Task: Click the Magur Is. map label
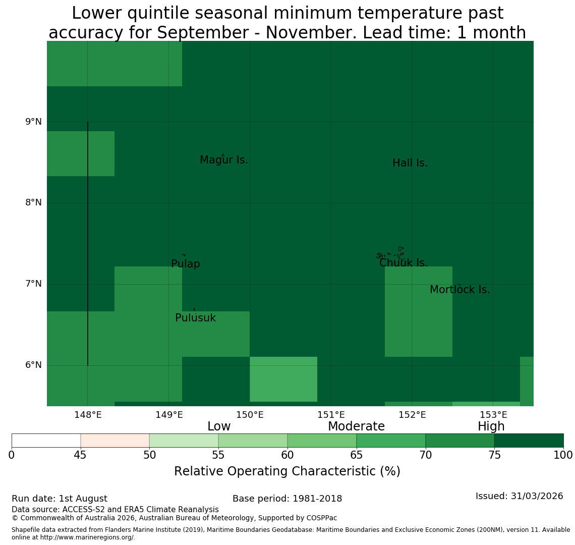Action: coord(223,160)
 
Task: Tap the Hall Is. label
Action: coord(410,163)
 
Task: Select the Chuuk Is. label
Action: coord(404,263)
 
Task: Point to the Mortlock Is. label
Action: coord(460,290)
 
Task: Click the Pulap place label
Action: coord(186,264)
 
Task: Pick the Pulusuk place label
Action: coord(196,318)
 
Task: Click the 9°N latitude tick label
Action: coord(33,122)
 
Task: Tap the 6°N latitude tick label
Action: coord(33,365)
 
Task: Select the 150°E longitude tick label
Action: coord(250,415)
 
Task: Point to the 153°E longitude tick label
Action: coord(493,415)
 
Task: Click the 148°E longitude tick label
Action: coord(88,415)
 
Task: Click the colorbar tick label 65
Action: coord(357,456)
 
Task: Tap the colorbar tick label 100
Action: coord(563,456)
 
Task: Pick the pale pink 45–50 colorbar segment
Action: coord(115,441)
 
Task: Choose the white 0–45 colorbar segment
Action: coord(46,441)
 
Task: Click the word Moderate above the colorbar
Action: coord(357,426)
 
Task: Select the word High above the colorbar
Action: coord(491,426)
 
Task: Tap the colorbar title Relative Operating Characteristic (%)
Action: coord(287,471)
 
